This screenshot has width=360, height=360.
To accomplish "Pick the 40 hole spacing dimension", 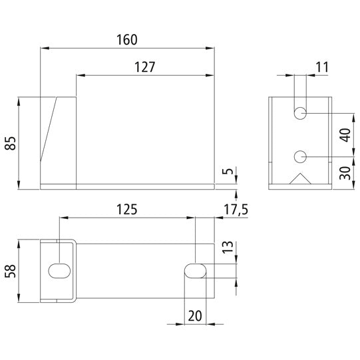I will (343, 135).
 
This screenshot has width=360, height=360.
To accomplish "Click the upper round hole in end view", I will (300, 114).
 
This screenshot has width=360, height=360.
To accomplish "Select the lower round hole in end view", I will (300, 156).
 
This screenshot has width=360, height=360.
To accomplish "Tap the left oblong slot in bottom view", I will (59, 271).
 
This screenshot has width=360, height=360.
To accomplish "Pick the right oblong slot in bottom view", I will (195, 271).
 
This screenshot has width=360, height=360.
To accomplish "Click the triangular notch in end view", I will (300, 180).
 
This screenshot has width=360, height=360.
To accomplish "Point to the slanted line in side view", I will (50, 130).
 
